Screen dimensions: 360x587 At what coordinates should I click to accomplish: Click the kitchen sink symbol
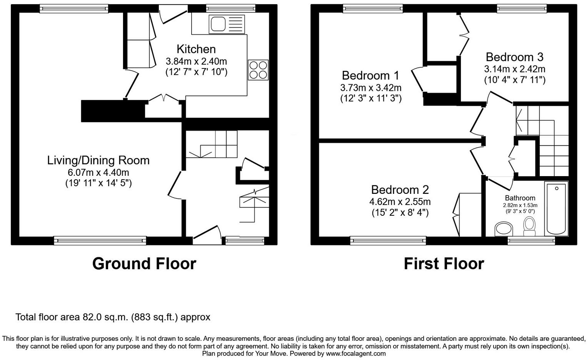tap(227, 24)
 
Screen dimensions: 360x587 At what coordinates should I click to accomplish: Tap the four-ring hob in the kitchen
tap(258, 70)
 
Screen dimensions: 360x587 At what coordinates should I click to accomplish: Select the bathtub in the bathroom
tap(556, 208)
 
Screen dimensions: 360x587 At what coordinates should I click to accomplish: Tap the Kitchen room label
tap(196, 49)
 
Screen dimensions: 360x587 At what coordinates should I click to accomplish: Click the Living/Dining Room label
tap(98, 160)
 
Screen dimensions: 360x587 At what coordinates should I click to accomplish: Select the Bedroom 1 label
tap(370, 75)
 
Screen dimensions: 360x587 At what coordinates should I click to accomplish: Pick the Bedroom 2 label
tap(400, 190)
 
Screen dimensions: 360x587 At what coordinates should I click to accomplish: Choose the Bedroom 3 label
tap(514, 57)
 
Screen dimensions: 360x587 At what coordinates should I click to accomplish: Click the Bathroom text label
tap(520, 198)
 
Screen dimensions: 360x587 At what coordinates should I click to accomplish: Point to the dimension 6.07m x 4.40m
tap(98, 172)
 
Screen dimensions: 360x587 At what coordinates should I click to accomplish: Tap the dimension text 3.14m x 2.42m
tap(514, 69)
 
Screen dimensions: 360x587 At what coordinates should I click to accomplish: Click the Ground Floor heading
tap(144, 264)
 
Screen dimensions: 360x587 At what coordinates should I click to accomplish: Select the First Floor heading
tap(444, 264)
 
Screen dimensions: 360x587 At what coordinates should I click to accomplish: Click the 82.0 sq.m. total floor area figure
tap(105, 317)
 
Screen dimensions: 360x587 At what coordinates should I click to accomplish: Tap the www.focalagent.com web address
tap(356, 353)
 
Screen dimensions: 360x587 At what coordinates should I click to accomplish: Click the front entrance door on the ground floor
tap(207, 235)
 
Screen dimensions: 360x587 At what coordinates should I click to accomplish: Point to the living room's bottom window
tap(100, 241)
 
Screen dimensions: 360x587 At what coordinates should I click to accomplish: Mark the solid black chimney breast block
tap(112, 111)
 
